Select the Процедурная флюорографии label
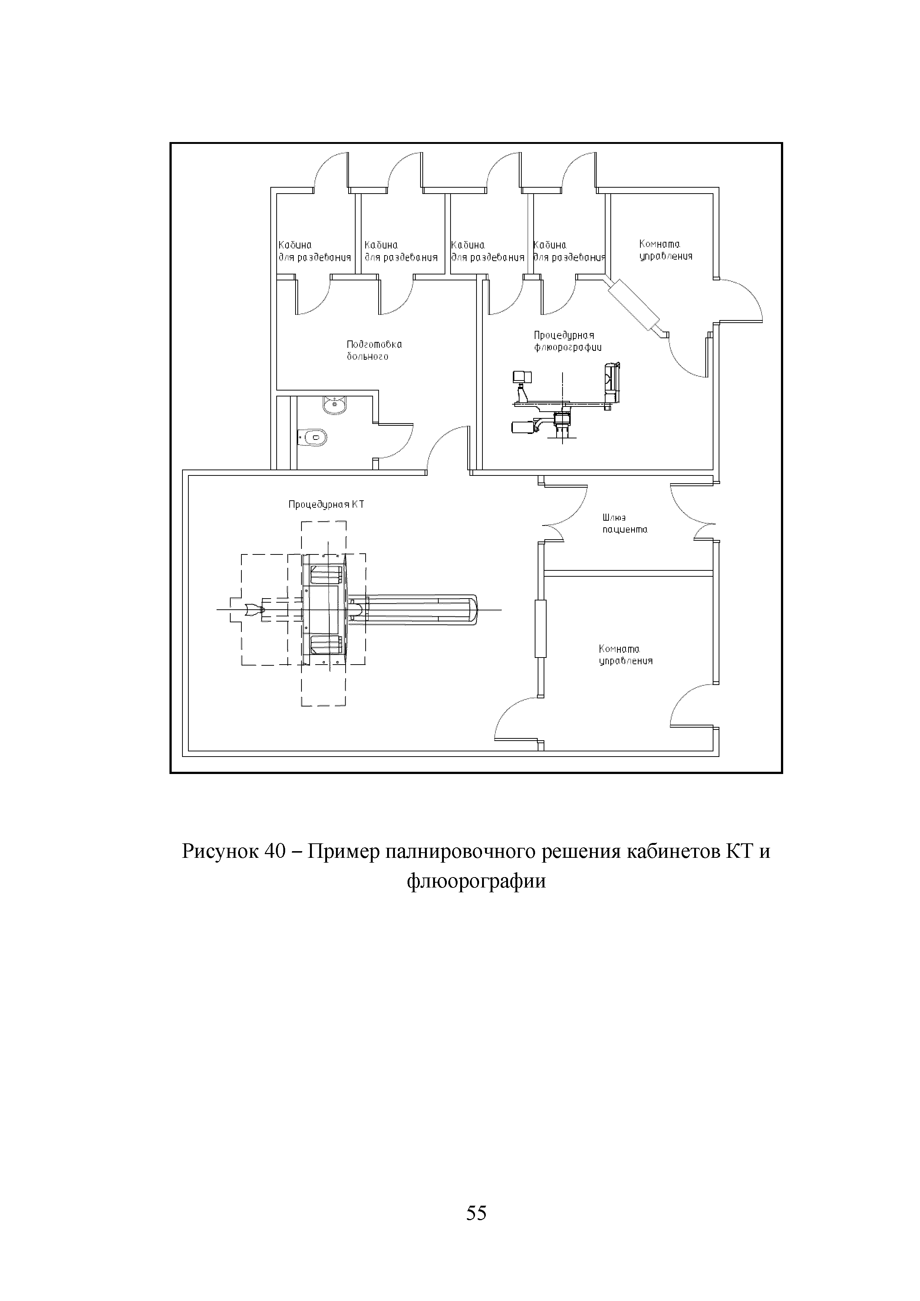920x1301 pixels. (567, 341)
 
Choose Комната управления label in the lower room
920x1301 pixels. (626, 655)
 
